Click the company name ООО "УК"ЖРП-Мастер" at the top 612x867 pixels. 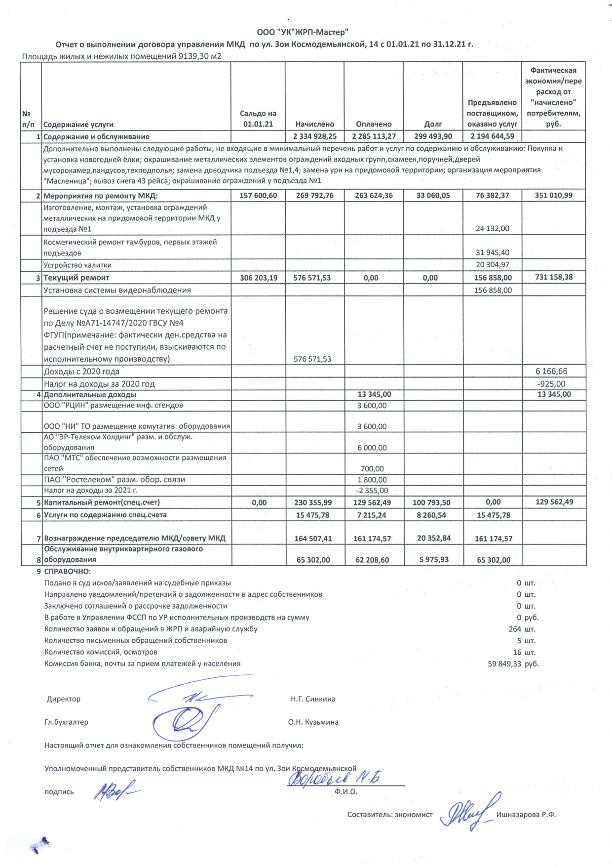[x=303, y=33]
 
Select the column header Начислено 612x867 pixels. [x=314, y=124]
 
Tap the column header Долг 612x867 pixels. [x=433, y=124]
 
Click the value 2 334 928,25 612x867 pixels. [x=314, y=137]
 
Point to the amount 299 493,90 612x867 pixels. [x=433, y=137]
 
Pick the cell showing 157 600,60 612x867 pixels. [x=258, y=196]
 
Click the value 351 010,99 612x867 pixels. [x=554, y=196]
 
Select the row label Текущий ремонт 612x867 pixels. [x=76, y=278]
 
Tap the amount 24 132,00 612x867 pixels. [x=493, y=229]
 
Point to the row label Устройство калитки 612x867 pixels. [x=77, y=265]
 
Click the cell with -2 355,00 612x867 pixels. [x=372, y=491]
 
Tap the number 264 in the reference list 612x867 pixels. [x=515, y=629]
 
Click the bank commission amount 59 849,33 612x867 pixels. [x=504, y=664]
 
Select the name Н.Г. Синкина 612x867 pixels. [x=313, y=699]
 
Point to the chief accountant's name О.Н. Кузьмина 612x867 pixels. [x=313, y=722]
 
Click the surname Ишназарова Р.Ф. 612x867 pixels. [x=526, y=815]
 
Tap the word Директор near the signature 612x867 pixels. [x=64, y=699]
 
